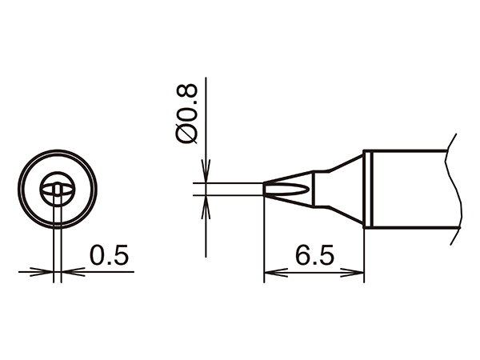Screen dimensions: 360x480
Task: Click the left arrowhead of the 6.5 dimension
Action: [270, 274]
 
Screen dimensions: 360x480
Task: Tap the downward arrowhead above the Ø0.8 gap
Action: [206, 178]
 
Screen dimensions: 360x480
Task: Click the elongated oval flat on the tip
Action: [287, 190]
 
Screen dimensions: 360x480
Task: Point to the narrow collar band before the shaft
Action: [367, 190]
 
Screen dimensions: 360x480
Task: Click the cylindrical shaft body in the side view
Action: [408, 190]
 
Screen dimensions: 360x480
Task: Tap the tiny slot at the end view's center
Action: [58, 190]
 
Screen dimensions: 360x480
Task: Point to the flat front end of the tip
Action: [264, 190]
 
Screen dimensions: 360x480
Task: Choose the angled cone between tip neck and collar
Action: [340, 190]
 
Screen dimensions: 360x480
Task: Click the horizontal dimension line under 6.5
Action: [314, 274]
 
